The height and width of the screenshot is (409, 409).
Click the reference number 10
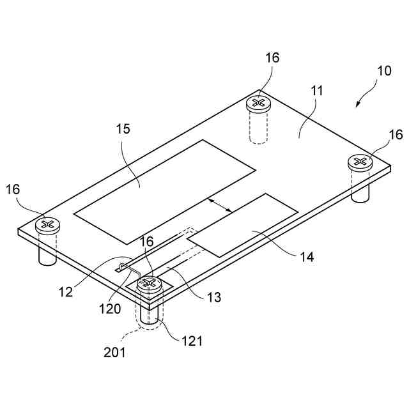[x=384, y=71]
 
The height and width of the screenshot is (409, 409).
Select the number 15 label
[x=123, y=128]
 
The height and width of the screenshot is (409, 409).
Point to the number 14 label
[x=307, y=258]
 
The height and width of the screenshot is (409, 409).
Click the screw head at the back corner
[x=258, y=103]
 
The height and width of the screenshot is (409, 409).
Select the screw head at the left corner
[x=47, y=224]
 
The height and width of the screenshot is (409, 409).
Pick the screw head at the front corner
[x=149, y=283]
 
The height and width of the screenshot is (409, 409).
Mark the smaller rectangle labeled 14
[x=244, y=226]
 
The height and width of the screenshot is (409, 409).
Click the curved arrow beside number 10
[x=366, y=96]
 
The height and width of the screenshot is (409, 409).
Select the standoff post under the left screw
[x=47, y=249]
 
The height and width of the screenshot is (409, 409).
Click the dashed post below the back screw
[x=258, y=128]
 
